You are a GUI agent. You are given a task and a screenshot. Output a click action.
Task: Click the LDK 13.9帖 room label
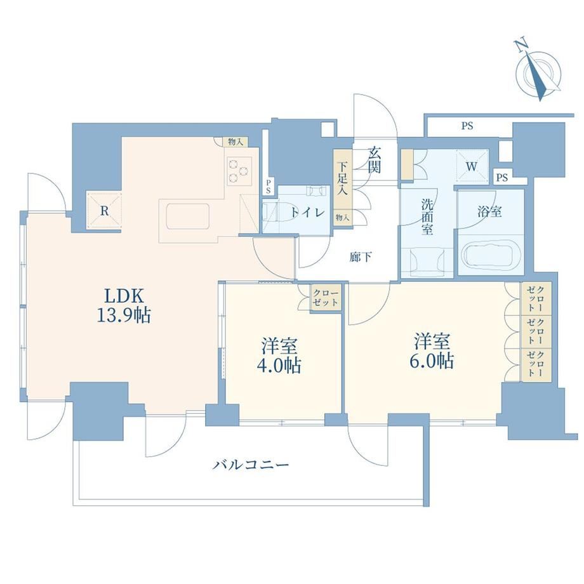point(124,305)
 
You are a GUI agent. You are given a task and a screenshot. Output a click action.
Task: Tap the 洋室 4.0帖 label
point(279,355)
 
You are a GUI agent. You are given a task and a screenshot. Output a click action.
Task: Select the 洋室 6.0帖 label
point(432,351)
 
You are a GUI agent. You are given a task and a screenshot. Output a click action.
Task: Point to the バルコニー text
point(251,465)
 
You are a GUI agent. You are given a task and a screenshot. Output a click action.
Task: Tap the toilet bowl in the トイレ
point(280,212)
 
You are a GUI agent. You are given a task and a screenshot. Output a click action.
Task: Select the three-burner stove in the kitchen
point(239,171)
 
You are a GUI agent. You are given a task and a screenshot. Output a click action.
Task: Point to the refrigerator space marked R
point(104,211)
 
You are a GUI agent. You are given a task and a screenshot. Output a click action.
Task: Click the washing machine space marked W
point(472,166)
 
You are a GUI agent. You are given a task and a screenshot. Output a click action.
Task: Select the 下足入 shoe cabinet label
point(342,179)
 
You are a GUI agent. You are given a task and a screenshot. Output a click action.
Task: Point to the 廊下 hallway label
point(361,257)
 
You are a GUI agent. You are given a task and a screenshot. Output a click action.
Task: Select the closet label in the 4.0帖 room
point(326,297)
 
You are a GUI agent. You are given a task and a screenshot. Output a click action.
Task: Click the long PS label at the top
point(467,126)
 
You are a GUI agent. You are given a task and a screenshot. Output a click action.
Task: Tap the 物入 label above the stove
point(236,142)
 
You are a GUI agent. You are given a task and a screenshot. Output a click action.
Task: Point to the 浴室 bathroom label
point(489,212)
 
